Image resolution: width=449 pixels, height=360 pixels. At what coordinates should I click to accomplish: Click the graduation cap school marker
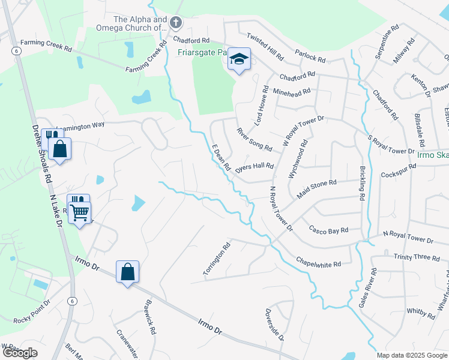click(240, 59)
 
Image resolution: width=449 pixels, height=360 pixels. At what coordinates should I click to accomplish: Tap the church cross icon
click(176, 23)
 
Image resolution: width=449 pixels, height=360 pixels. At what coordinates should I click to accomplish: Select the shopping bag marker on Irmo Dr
click(128, 273)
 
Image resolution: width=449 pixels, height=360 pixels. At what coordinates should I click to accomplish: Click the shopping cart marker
click(80, 212)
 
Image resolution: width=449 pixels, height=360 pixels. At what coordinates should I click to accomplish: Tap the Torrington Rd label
click(217, 259)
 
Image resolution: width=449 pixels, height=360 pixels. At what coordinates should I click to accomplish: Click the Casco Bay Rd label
click(328, 230)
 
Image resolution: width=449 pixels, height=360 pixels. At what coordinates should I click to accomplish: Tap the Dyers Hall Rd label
click(255, 167)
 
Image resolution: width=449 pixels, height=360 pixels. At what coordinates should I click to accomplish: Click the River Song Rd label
click(254, 139)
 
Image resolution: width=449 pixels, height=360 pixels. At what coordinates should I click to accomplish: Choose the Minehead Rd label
click(292, 92)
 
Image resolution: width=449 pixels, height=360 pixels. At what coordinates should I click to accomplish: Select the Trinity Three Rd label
click(417, 257)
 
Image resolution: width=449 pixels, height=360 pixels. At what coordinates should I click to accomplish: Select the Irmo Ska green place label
click(433, 154)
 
